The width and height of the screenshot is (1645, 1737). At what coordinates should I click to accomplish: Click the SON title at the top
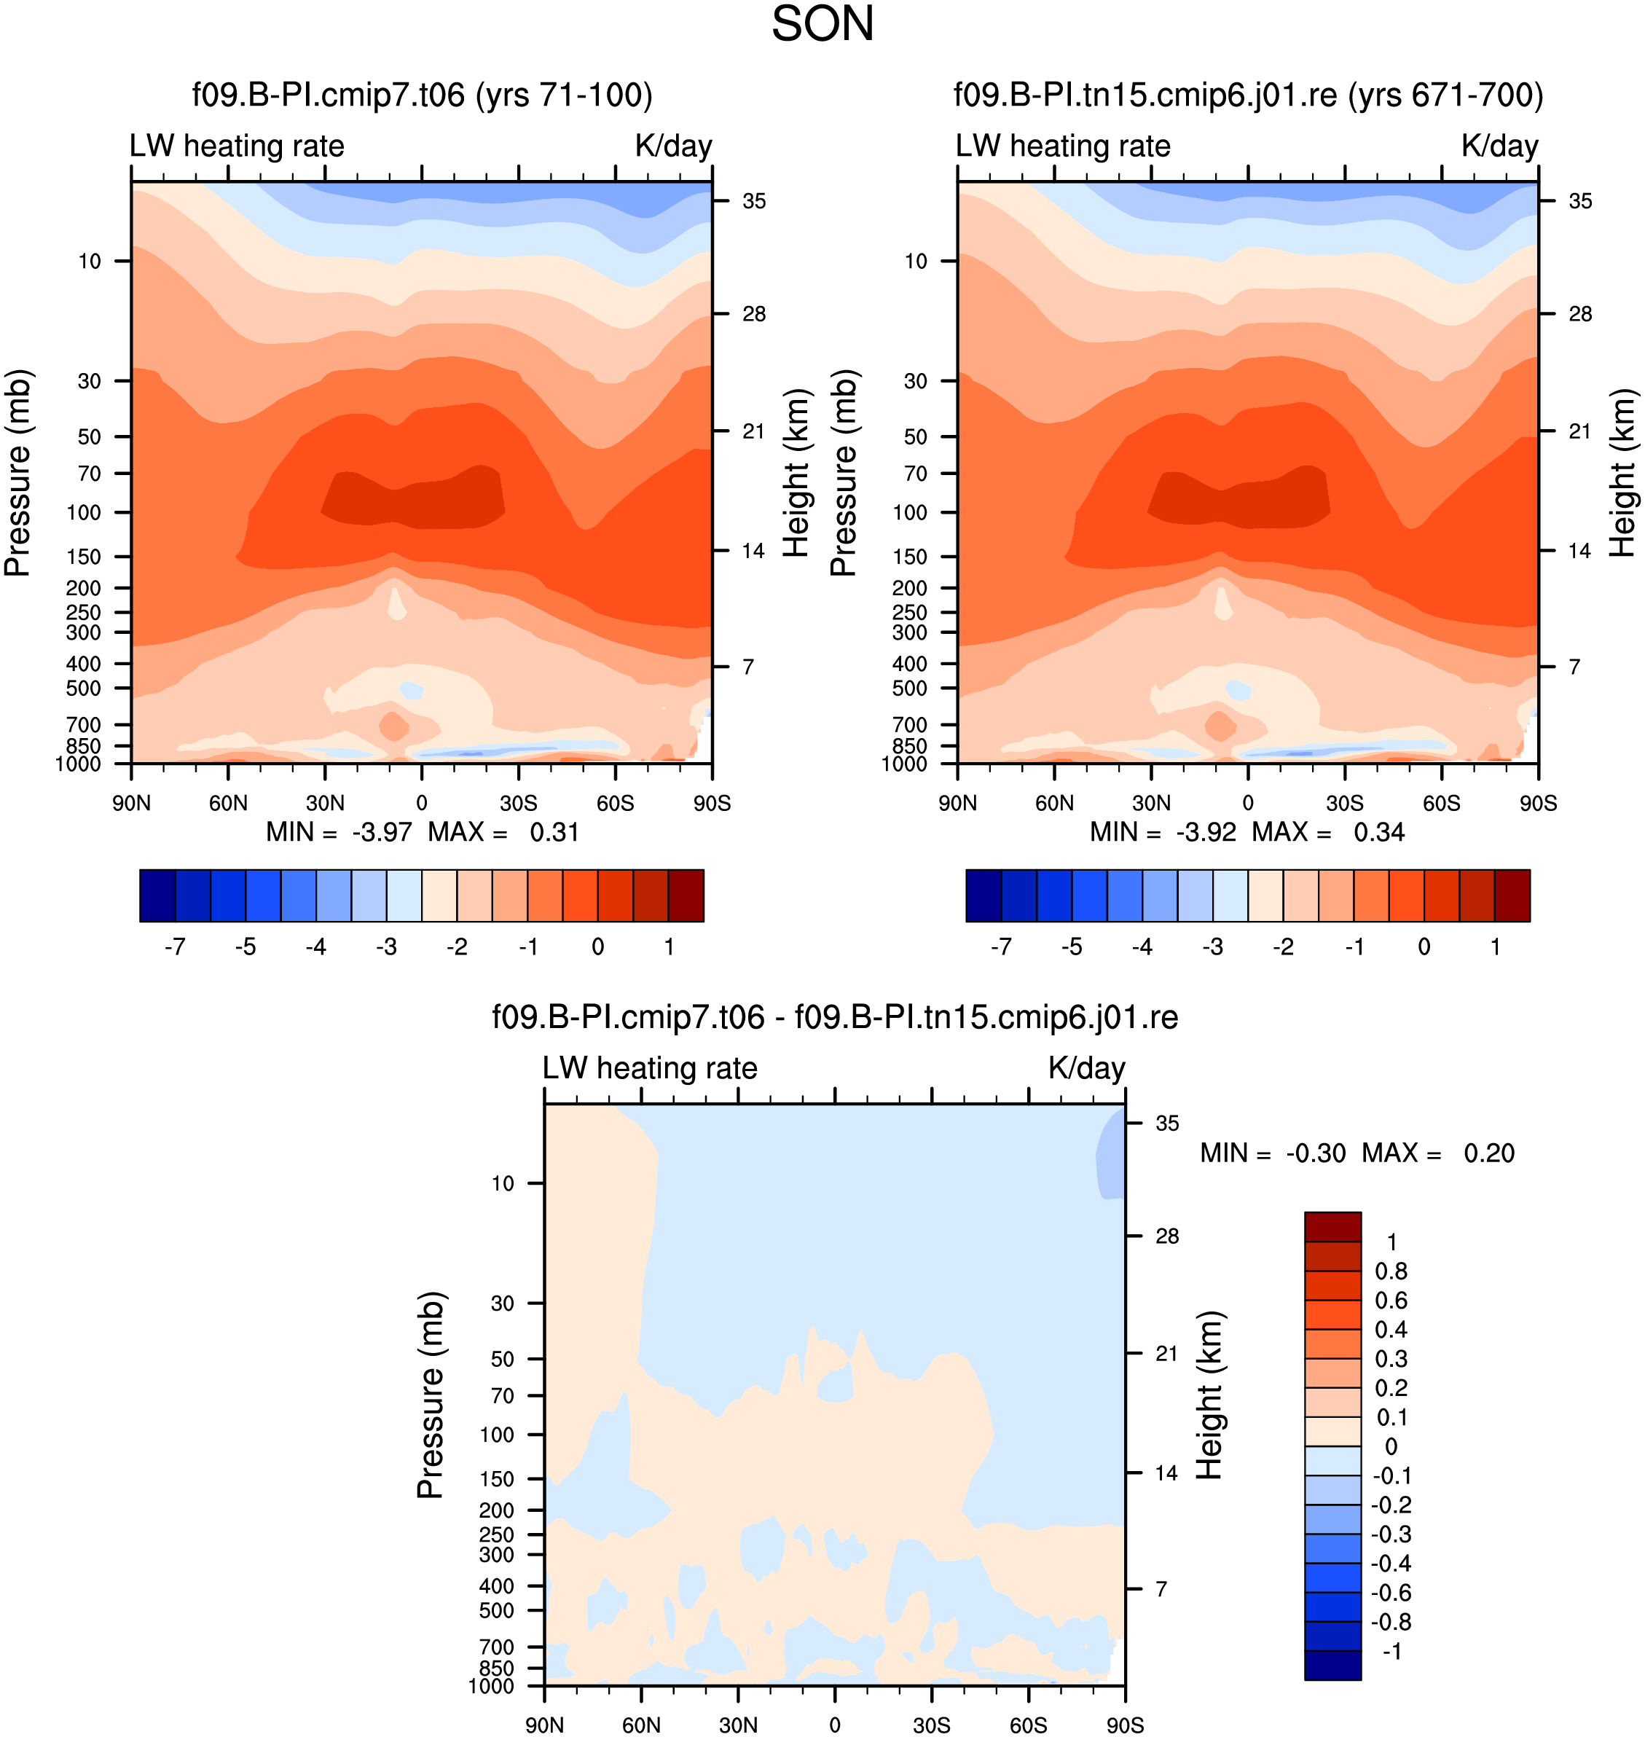(x=822, y=25)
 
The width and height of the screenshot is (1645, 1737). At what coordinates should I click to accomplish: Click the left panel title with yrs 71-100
(x=422, y=95)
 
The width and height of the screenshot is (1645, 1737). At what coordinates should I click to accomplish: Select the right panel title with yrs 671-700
(x=1248, y=95)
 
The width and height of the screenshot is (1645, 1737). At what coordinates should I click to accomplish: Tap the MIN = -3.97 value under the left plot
(x=339, y=831)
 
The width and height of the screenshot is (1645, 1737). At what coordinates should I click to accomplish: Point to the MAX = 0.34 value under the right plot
(x=1327, y=831)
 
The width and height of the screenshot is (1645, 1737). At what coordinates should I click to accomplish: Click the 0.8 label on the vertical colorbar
(x=1391, y=1271)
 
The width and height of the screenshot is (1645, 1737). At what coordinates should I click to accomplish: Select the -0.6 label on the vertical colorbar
(x=1391, y=1592)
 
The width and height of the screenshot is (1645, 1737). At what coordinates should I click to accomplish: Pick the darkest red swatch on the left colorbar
(x=686, y=895)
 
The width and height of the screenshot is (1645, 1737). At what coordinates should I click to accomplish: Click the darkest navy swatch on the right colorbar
(x=983, y=895)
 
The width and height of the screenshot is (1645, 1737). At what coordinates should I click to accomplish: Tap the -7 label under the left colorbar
(x=175, y=947)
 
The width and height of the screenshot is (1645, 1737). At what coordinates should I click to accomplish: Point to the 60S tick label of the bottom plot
(x=1028, y=1725)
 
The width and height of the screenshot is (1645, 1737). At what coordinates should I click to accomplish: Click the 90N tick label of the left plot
(x=132, y=803)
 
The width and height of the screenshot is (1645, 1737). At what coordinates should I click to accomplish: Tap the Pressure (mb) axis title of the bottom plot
(x=431, y=1394)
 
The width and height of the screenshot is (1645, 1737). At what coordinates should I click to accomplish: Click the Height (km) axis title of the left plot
(x=796, y=473)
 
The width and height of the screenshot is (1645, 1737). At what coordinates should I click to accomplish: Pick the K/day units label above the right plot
(x=1499, y=146)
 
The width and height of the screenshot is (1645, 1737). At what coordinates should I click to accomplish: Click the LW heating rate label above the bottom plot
(x=650, y=1067)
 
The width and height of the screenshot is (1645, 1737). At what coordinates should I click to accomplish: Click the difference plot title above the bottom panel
(x=835, y=1017)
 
